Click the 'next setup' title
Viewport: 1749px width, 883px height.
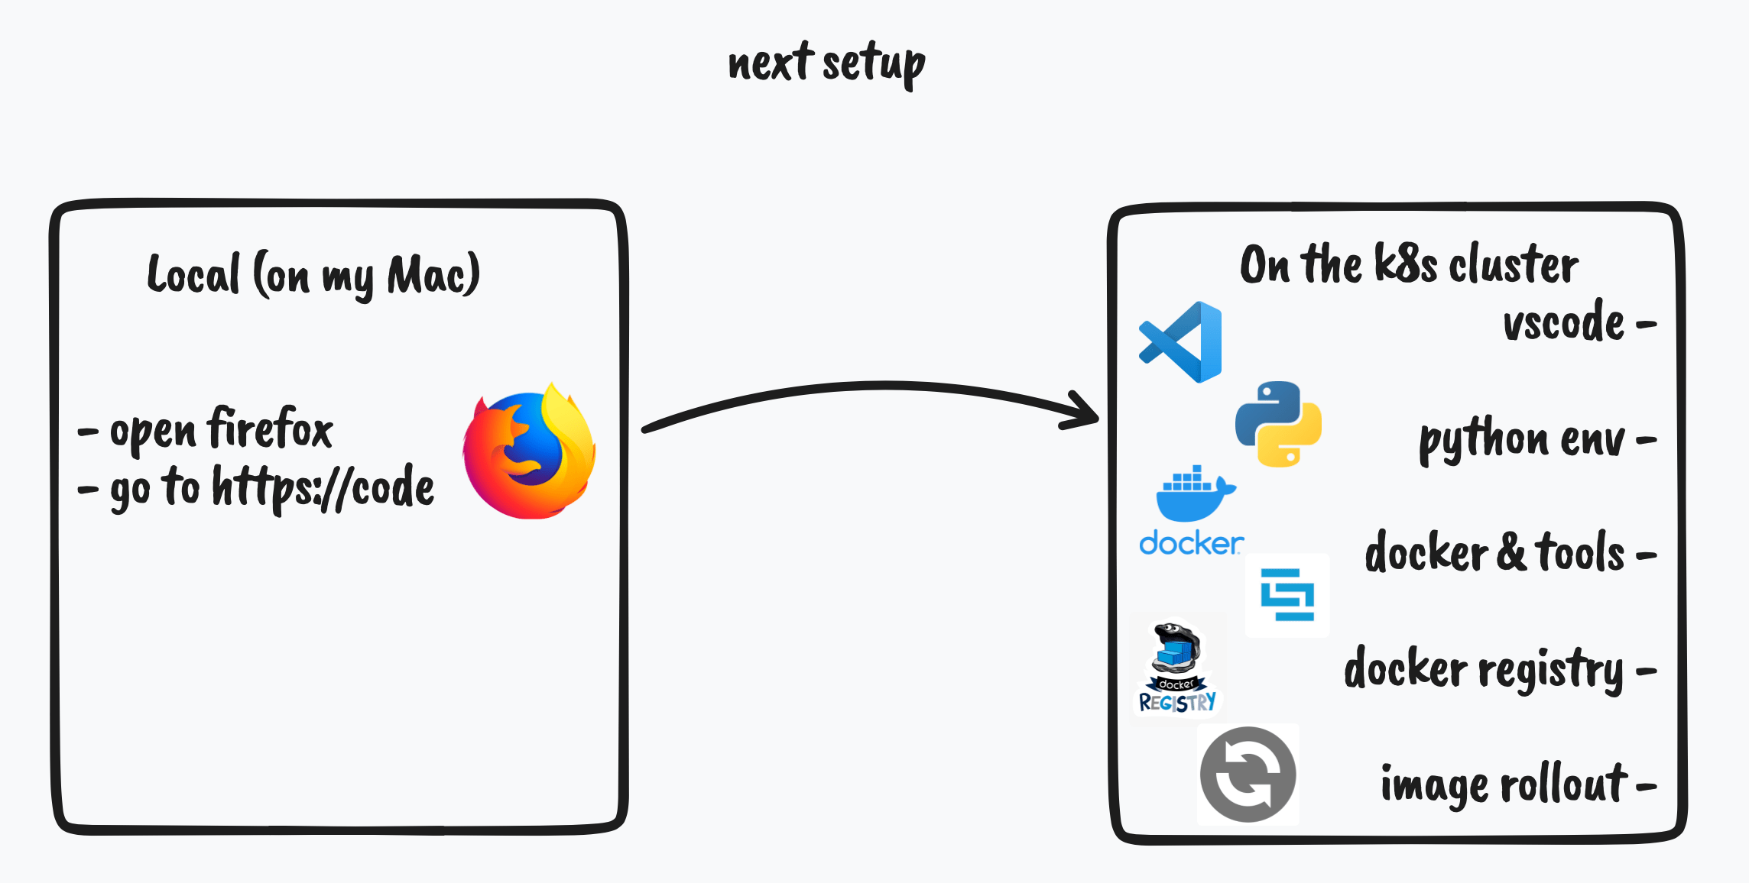[x=826, y=64]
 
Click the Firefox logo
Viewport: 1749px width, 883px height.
[x=529, y=454]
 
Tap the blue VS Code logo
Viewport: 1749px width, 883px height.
[x=1181, y=342]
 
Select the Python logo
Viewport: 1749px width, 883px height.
[x=1278, y=424]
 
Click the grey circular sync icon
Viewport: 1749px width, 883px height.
[x=1248, y=775]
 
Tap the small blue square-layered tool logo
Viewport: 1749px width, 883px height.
[x=1287, y=594]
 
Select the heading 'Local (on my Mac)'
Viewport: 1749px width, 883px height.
[x=313, y=275]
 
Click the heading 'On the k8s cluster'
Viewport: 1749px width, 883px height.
[x=1408, y=265]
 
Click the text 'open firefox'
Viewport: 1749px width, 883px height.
[x=222, y=430]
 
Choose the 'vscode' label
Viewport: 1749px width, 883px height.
[x=1563, y=323]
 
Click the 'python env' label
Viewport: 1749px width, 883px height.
[x=1521, y=440]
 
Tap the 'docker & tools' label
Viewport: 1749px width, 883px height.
[x=1494, y=553]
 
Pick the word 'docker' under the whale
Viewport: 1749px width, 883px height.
[x=1190, y=544]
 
